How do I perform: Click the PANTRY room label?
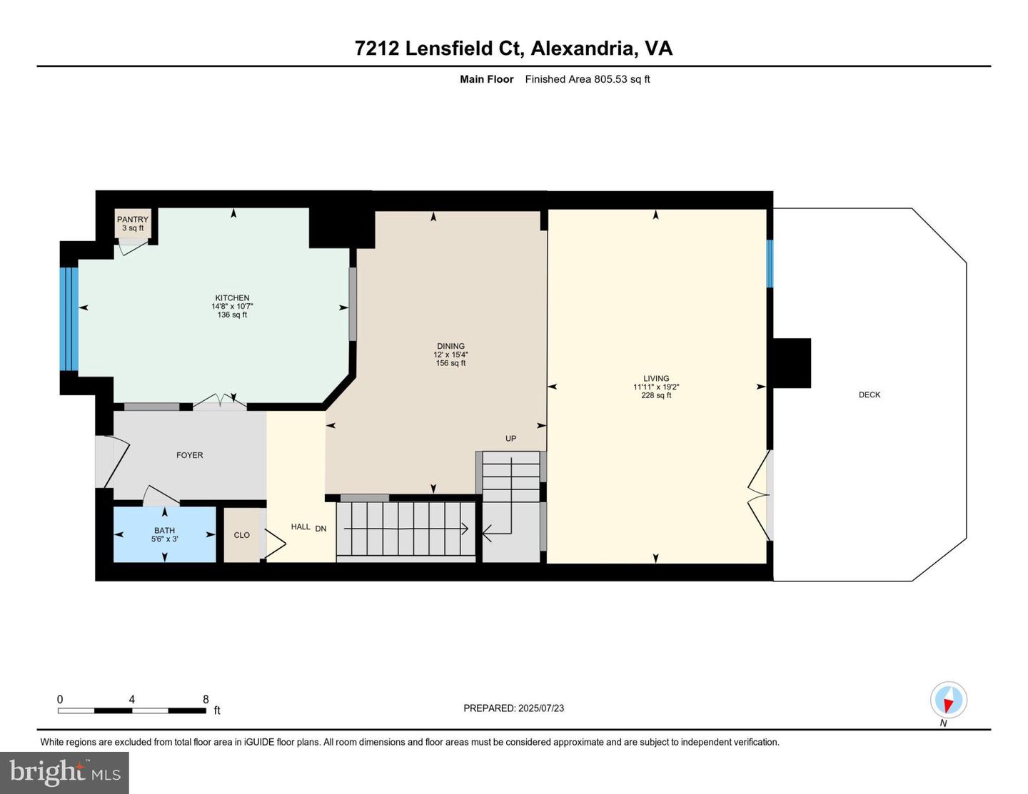click(133, 220)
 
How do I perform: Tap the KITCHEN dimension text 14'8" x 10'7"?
click(232, 307)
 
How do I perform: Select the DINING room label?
click(450, 346)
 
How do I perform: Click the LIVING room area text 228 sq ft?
click(656, 395)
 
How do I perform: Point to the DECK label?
click(869, 395)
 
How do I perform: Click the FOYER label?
click(190, 455)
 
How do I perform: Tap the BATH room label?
click(164, 530)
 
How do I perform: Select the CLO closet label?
click(242, 535)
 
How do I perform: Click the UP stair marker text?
click(510, 439)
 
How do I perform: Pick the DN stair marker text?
click(321, 529)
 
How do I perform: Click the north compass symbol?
click(948, 700)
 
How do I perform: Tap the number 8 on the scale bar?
click(206, 700)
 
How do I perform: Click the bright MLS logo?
click(64, 773)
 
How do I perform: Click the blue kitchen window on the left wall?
click(69, 319)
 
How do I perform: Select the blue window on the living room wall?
click(770, 263)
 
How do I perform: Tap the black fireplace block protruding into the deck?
click(792, 363)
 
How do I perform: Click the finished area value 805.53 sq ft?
click(622, 79)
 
